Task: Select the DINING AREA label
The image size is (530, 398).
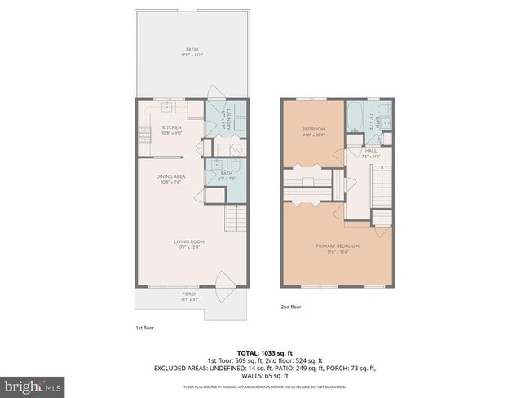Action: [170, 178]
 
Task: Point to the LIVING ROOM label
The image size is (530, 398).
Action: [188, 243]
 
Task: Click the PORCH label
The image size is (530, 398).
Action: [189, 295]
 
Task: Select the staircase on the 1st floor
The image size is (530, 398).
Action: [236, 219]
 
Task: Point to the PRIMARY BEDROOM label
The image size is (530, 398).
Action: [338, 247]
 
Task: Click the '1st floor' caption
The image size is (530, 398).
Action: [144, 327]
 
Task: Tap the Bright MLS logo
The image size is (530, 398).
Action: [33, 384]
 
